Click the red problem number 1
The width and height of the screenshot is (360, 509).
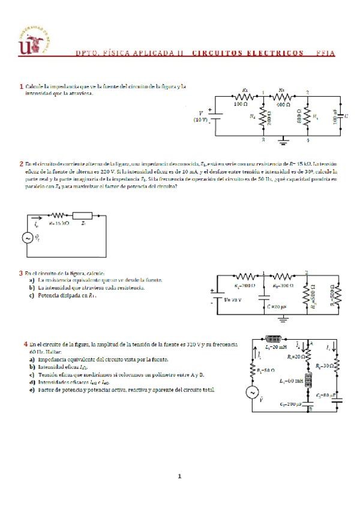pyautogui.click(x=22, y=86)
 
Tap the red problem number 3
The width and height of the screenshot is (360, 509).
pyautogui.click(x=22, y=273)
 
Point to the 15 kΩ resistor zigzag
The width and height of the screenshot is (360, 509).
pyautogui.click(x=58, y=215)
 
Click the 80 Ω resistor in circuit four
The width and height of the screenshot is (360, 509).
pyautogui.click(x=252, y=370)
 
